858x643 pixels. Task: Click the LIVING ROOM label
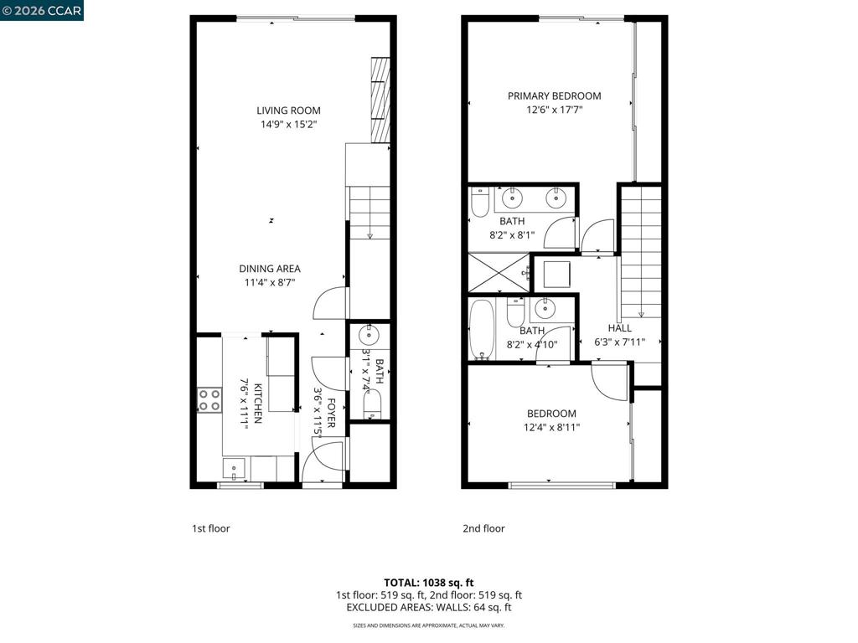(288, 111)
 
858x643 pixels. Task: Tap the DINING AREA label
(269, 269)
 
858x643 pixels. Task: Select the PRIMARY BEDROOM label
(554, 96)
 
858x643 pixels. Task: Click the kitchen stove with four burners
(209, 400)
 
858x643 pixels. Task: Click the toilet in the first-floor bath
(371, 406)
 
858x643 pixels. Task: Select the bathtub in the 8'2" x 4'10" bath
(483, 330)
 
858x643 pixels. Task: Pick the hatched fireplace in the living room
(380, 99)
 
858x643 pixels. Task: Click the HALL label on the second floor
(620, 328)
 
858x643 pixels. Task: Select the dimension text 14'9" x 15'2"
(288, 125)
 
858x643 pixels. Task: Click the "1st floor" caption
(211, 528)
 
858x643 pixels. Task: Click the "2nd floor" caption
(483, 528)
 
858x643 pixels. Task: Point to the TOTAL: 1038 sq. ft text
(429, 582)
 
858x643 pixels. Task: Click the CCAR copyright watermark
(42, 10)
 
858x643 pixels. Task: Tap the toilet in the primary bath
(479, 202)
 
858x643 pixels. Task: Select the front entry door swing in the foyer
(322, 461)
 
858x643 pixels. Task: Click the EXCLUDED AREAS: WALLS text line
(429, 607)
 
